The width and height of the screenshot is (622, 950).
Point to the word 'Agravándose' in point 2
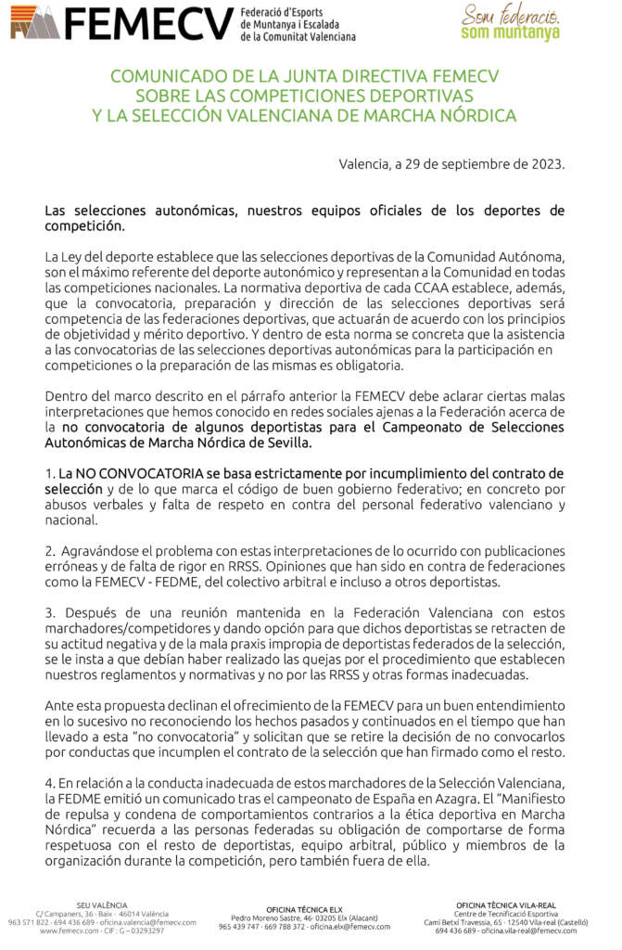click(100, 551)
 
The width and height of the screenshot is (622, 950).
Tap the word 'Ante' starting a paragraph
click(60, 706)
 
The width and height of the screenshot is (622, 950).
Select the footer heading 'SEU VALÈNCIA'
click(103, 905)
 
